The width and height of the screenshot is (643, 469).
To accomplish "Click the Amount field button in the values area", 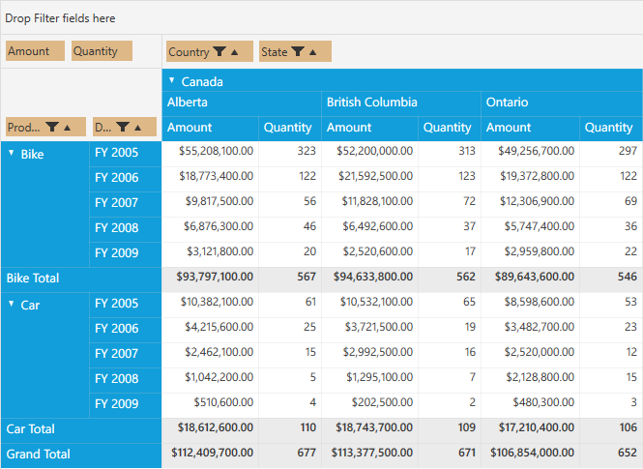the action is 35,51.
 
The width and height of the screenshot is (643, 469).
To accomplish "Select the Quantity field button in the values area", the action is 102,51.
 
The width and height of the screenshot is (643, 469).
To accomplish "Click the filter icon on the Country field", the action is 219,51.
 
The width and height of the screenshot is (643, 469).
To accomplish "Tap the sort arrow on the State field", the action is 313,52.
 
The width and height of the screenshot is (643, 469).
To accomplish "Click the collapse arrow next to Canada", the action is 172,80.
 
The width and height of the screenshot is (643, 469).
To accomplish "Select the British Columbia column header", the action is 372,103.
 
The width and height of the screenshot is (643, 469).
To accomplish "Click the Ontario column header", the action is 507,103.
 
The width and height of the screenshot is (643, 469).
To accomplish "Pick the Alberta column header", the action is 187,103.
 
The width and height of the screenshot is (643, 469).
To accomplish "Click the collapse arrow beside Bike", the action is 12,153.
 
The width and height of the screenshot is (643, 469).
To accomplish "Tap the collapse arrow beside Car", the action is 12,304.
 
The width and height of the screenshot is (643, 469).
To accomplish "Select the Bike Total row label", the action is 33,278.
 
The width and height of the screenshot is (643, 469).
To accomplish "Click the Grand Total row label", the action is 38,454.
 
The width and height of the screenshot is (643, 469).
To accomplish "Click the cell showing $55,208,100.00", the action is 217,151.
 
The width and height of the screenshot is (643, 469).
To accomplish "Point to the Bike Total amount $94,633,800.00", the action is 373,277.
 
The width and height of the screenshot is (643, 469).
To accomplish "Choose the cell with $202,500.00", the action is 382,402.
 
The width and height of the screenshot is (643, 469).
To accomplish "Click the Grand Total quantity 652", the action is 627,453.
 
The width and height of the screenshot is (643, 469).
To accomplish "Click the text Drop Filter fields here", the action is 60,18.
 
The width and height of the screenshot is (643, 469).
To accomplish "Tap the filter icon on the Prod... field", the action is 52,127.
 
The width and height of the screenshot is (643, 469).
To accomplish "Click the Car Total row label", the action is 30,428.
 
